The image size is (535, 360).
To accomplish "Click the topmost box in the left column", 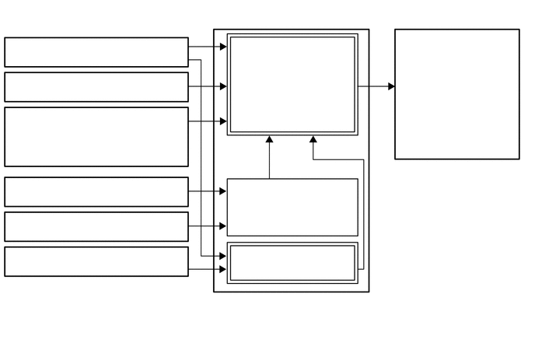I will tap(96, 52).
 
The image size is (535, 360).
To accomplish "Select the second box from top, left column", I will tap(96, 87).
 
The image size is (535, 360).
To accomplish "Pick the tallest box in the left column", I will tap(96, 137).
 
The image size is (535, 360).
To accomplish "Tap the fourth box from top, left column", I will tap(96, 192).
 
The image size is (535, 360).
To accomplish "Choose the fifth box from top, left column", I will tap(96, 227).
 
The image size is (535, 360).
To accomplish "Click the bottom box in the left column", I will tap(96, 261).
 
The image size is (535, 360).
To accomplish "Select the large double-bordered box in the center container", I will tap(292, 84).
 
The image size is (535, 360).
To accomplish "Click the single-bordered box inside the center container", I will tap(292, 207).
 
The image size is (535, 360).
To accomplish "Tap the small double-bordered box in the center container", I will tap(292, 263).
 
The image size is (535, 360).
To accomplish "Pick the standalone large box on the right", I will tap(456, 94).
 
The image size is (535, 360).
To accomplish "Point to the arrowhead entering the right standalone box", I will tap(391, 86).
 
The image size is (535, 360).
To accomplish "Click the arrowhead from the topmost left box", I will tap(223, 47).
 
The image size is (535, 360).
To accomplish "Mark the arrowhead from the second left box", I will tap(223, 86).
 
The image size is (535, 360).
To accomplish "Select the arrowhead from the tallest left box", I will tap(223, 121).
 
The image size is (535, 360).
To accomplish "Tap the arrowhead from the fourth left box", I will tap(223, 191).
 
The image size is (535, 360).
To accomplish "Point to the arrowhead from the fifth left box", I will tap(223, 226).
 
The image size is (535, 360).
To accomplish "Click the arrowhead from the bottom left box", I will tap(223, 269).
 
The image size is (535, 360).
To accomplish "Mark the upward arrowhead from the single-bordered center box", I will tap(270, 140).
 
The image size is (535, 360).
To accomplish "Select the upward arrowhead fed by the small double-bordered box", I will tap(313, 140).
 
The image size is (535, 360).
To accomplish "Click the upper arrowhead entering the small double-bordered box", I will tap(223, 255).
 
